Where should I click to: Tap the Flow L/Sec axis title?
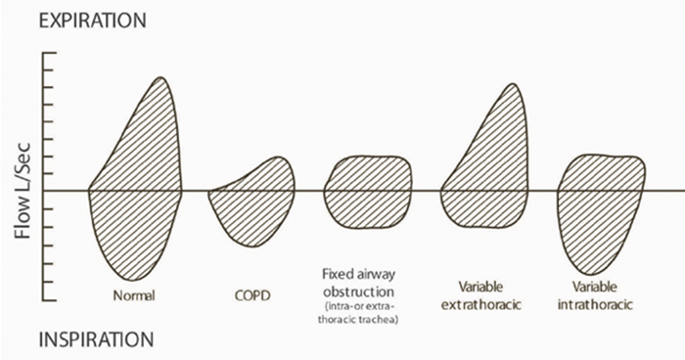(x=20, y=191)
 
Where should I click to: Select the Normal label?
(x=135, y=294)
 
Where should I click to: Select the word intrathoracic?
(x=600, y=304)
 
